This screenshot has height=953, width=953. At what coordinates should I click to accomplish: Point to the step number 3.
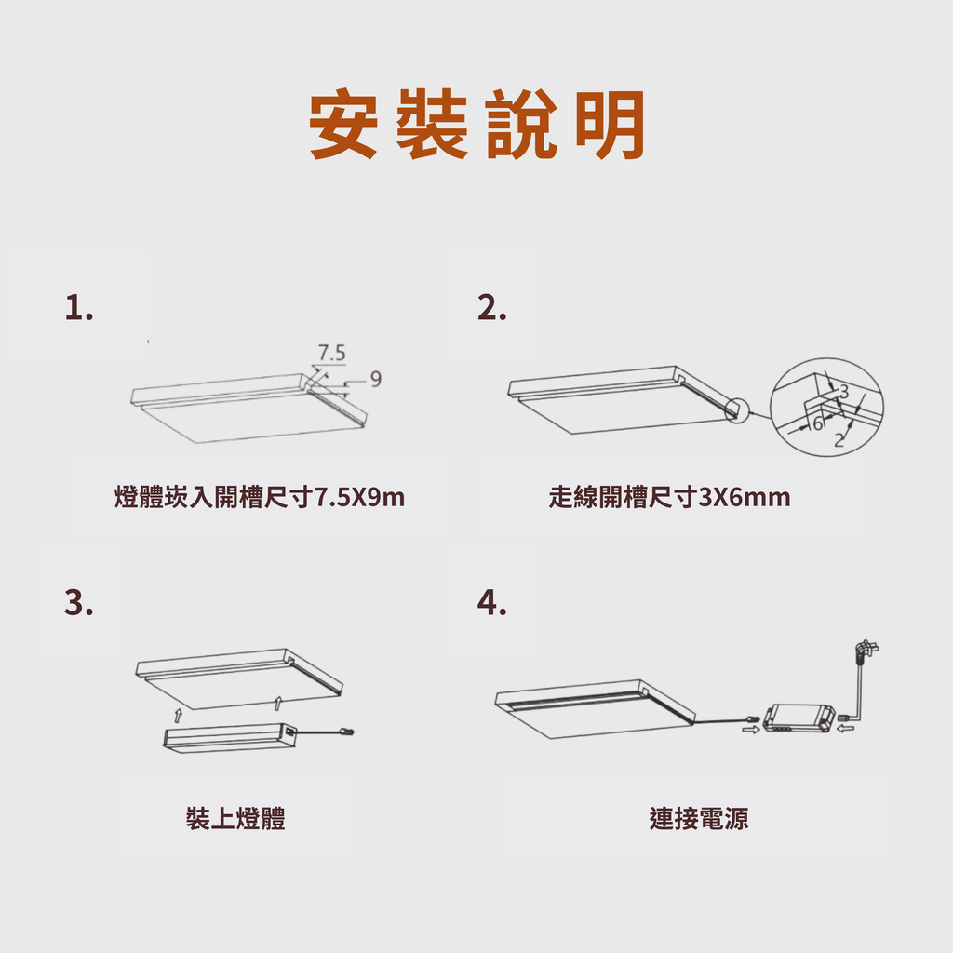pos(79,602)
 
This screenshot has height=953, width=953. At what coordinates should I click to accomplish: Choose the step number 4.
pos(491,602)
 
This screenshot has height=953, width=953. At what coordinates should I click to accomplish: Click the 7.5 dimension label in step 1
pos(332,353)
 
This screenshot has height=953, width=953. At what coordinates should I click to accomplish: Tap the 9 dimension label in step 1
pos(376,379)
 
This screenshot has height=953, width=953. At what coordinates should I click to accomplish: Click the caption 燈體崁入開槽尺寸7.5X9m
pos(260,497)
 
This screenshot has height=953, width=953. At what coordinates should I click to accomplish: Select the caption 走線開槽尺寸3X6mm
pos(669,497)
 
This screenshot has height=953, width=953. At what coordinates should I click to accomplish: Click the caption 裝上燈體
pos(235,818)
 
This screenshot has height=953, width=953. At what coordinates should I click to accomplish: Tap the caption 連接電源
pos(699,818)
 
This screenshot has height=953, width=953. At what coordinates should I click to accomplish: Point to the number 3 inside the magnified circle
pos(843,391)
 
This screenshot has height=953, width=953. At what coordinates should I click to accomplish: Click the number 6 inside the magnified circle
pos(818,423)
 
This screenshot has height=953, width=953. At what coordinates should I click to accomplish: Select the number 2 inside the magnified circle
pos(839,439)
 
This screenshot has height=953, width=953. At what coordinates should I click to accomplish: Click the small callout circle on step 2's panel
pos(737,409)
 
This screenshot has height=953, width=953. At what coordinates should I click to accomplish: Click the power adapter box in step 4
pos(798,718)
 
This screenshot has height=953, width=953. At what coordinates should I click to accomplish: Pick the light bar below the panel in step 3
pos(229,738)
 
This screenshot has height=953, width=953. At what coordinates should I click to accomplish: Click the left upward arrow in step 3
pos(178,716)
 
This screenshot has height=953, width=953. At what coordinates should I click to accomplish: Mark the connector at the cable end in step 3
pos(347,732)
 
